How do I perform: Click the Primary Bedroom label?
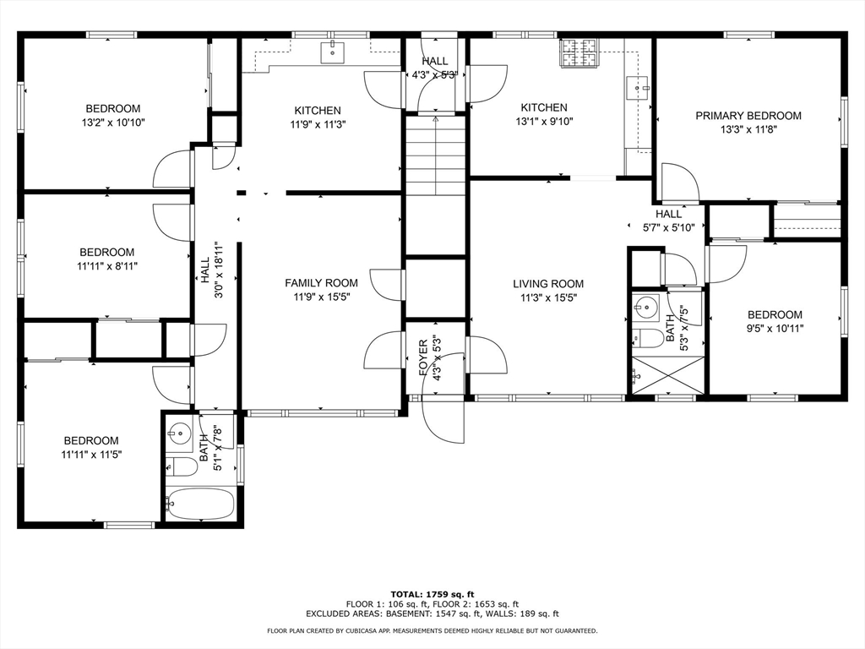click(748, 116)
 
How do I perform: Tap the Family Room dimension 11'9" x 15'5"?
click(320, 297)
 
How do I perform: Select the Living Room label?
click(552, 284)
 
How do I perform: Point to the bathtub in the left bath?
click(199, 504)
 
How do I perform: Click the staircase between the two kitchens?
click(435, 156)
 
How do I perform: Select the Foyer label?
click(425, 357)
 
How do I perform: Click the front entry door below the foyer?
click(443, 420)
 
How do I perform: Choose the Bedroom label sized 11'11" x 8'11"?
click(106, 252)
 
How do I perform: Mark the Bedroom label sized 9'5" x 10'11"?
click(775, 314)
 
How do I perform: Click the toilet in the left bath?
click(180, 466)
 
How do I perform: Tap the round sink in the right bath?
click(647, 305)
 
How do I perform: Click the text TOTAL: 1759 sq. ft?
click(432, 593)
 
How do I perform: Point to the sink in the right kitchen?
click(638, 84)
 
